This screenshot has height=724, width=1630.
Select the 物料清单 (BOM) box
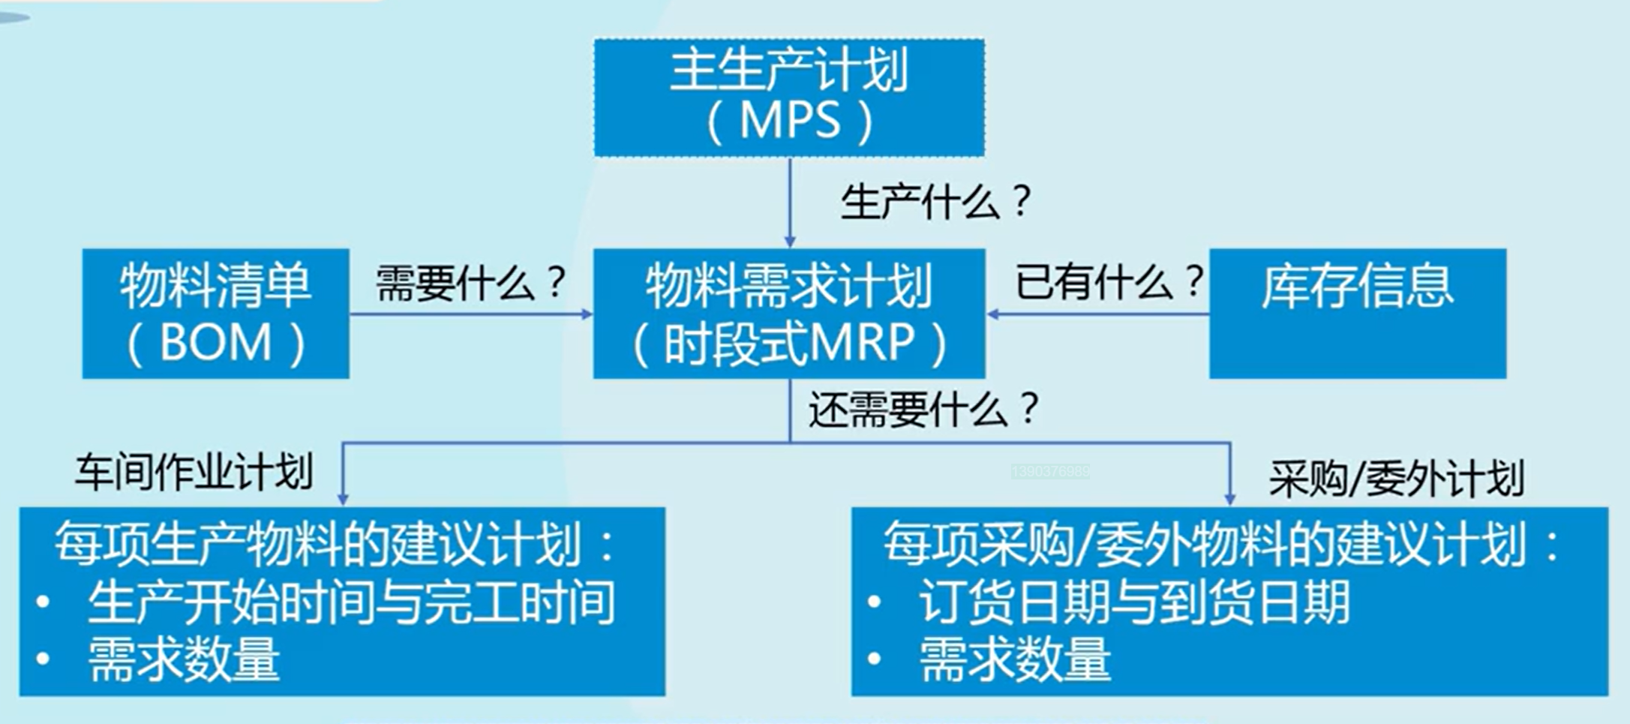[x=215, y=313]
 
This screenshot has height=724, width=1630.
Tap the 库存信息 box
[x=1357, y=313]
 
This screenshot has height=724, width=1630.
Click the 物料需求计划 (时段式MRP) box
[x=789, y=313]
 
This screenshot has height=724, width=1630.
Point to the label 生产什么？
[x=936, y=202]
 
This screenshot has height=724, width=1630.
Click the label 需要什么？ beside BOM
[x=470, y=283]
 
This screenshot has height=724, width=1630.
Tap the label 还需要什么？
[x=923, y=410]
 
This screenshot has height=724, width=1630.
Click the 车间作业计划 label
[x=194, y=473]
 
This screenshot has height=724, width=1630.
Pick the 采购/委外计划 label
[x=1396, y=477]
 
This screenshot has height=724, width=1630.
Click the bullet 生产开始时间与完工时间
[x=351, y=602]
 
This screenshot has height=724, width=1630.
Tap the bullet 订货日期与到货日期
[x=1133, y=602]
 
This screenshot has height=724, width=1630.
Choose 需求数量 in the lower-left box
[x=184, y=659]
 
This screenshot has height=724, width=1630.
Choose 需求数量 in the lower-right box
[x=1015, y=659]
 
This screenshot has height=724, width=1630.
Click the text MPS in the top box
[x=790, y=120]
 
